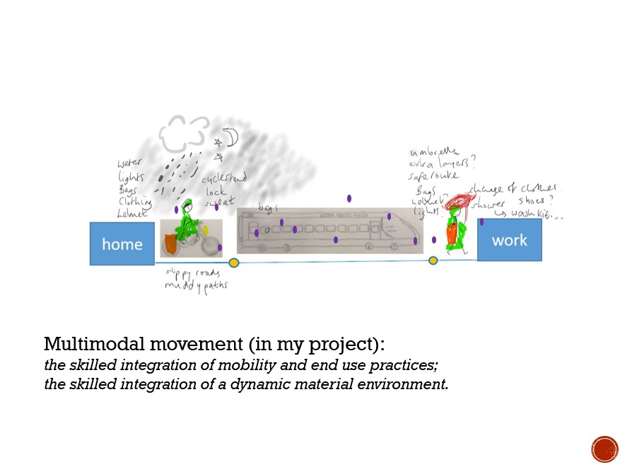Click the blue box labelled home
click(122, 244)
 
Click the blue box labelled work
click(509, 240)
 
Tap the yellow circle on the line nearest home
click(234, 263)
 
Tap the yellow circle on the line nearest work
click(433, 260)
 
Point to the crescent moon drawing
click(231, 137)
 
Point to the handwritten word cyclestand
click(224, 179)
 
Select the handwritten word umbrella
click(434, 151)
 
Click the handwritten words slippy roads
click(192, 273)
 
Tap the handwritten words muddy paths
click(196, 286)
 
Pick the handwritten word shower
click(488, 204)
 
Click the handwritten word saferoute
click(433, 175)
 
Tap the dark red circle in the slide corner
click(604, 449)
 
